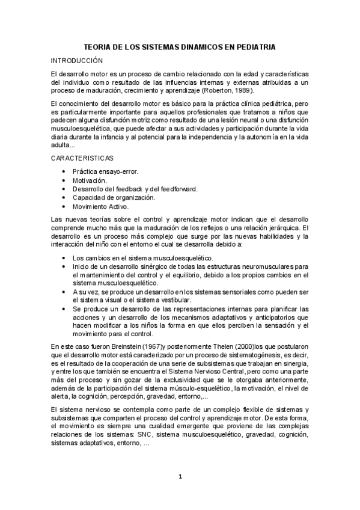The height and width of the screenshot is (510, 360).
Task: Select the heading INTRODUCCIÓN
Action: tap(77, 61)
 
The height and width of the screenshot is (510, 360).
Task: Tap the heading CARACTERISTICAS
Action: tap(82, 158)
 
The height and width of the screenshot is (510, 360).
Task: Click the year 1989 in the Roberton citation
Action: tap(242, 90)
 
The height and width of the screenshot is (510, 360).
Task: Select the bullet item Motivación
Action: tap(90, 180)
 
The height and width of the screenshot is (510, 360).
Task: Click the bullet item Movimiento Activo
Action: tap(100, 206)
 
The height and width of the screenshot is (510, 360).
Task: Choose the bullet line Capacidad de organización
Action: tap(114, 197)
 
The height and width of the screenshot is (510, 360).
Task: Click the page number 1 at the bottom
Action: tap(180, 477)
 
